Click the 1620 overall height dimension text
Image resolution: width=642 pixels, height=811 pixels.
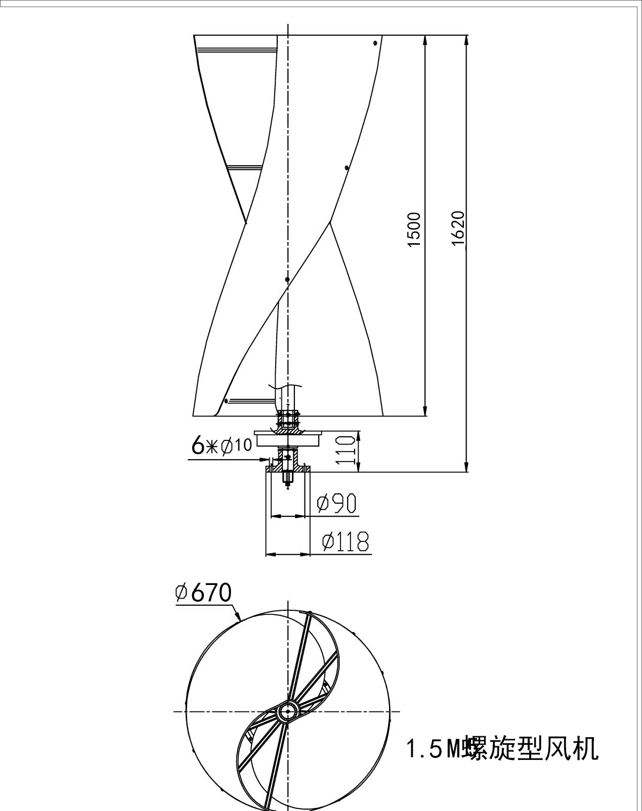pos(457,228)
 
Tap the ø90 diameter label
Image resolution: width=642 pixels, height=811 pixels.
pos(336,503)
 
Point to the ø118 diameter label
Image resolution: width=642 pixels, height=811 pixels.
pos(346,542)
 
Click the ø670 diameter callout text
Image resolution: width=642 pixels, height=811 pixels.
pos(203,593)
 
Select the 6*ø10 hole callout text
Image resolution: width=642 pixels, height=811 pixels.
pos(221,445)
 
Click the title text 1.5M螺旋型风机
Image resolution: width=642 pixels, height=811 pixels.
pos(502,749)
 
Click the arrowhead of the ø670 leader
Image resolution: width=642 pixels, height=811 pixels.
pos(239,618)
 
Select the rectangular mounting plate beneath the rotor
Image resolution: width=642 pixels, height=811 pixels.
pos(288,438)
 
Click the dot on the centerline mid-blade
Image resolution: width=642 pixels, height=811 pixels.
pos(287,279)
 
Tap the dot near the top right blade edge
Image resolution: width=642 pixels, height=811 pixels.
pos(375,43)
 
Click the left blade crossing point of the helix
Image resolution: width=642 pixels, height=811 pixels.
pos(246,222)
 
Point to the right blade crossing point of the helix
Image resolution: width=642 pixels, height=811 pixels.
pos(330,222)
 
